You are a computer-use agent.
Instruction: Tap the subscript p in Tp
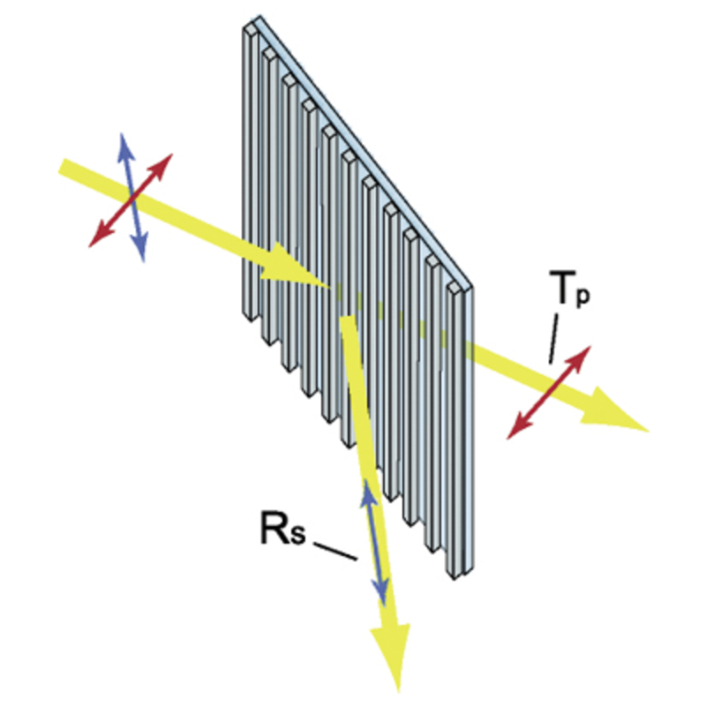[x=582, y=297]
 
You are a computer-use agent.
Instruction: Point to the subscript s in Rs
[x=297, y=534]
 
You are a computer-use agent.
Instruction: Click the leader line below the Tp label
[x=553, y=339]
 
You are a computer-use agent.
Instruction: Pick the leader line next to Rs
[x=335, y=552]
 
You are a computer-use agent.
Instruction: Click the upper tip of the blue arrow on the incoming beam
[x=122, y=134]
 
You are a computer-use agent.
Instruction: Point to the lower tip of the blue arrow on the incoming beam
[x=144, y=261]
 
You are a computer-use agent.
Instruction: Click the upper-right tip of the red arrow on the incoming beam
[x=172, y=154]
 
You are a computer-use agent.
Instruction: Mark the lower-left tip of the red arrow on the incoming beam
[x=89, y=247]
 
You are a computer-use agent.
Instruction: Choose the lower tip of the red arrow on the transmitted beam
[x=507, y=439]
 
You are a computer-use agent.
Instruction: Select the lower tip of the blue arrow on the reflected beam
[x=384, y=605]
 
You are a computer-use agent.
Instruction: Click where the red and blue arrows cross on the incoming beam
[x=131, y=199]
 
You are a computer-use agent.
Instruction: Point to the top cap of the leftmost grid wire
[x=251, y=30]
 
